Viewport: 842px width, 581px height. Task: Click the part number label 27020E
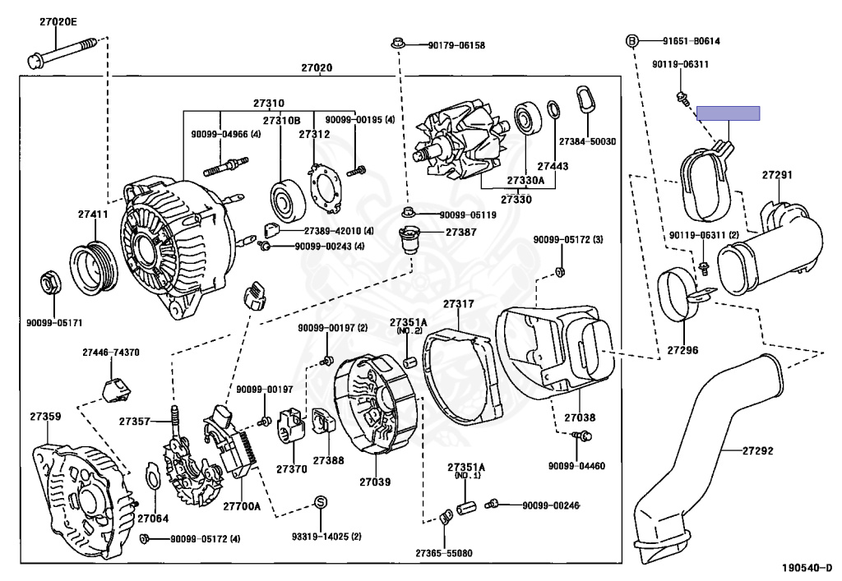tap(58, 22)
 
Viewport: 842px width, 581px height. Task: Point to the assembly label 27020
tap(316, 67)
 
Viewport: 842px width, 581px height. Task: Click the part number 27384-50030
tap(587, 142)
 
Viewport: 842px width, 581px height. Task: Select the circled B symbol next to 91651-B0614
tap(632, 41)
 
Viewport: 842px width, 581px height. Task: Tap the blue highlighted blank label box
tap(728, 113)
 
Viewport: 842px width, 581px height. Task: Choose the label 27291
tap(776, 175)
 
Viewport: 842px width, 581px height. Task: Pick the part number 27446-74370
tap(110, 353)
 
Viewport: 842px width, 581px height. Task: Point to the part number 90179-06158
tap(456, 45)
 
